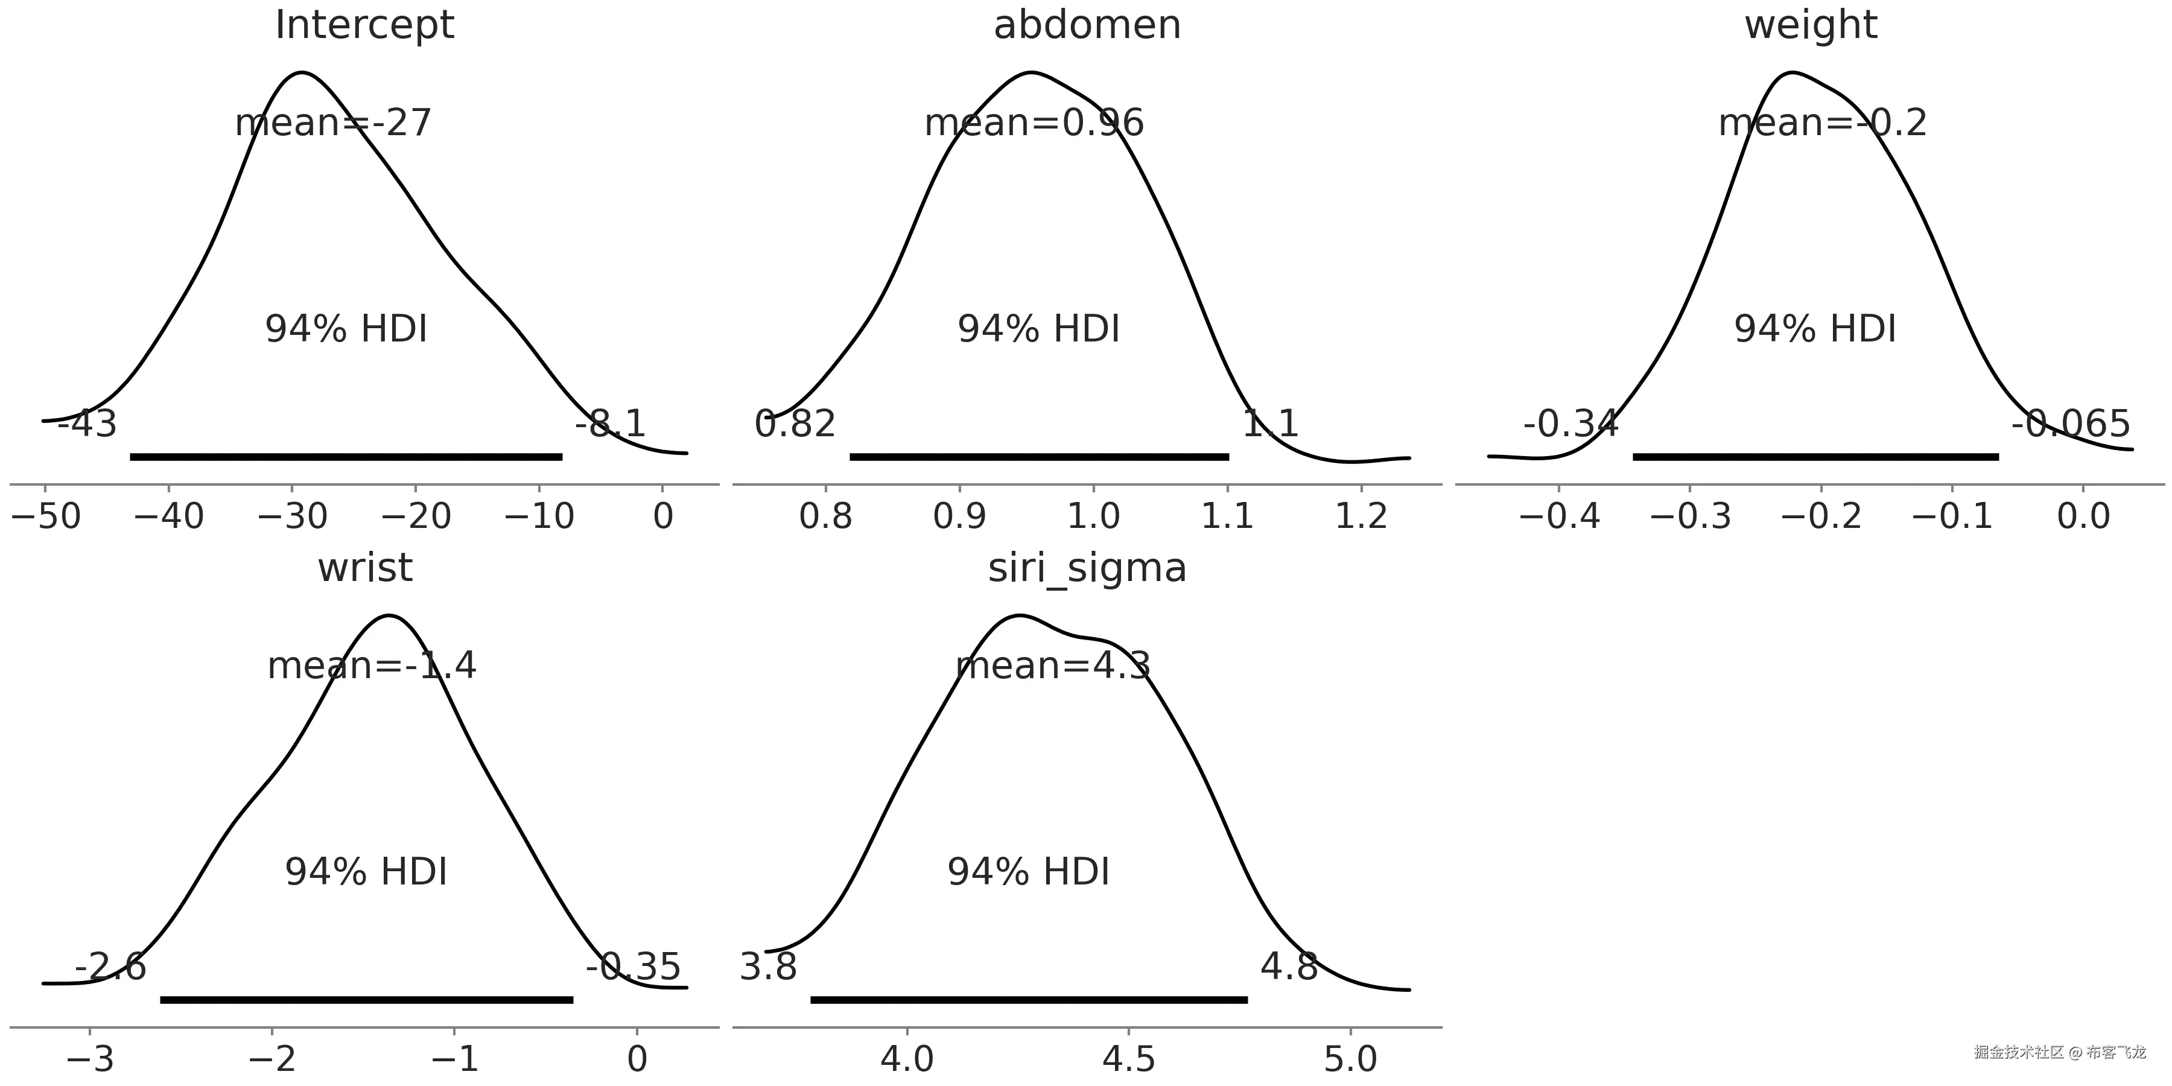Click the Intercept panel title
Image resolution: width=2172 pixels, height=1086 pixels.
pyautogui.click(x=364, y=25)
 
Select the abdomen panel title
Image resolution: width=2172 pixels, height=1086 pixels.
pyautogui.click(x=1087, y=25)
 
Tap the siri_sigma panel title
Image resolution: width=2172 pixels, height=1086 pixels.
pyautogui.click(x=1087, y=568)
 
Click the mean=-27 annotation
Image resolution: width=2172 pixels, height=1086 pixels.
pyautogui.click(x=333, y=123)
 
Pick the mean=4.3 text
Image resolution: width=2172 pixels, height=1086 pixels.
pyautogui.click(x=1052, y=666)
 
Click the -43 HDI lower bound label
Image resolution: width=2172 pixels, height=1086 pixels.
pyautogui.click(x=87, y=424)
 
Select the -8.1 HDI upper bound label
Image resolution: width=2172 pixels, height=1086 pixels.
pyautogui.click(x=611, y=424)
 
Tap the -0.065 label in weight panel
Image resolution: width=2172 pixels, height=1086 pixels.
pyautogui.click(x=2070, y=424)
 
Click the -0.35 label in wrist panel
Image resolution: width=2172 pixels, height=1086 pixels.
pyautogui.click(x=634, y=967)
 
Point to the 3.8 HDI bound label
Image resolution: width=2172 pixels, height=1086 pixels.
pyautogui.click(x=768, y=967)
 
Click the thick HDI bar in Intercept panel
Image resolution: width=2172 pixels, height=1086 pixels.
pyautogui.click(x=346, y=457)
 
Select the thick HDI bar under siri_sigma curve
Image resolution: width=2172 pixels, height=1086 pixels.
pyautogui.click(x=1029, y=1000)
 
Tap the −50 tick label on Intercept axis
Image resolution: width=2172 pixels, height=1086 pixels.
pyautogui.click(x=46, y=516)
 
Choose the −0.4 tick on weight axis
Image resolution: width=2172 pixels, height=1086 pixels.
pyautogui.click(x=1559, y=516)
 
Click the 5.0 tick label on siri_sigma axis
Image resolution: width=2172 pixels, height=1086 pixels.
pyautogui.click(x=1351, y=1059)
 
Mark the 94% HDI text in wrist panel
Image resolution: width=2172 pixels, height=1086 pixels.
pyautogui.click(x=366, y=872)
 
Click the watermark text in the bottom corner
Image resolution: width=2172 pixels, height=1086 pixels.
pyautogui.click(x=2059, y=1052)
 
